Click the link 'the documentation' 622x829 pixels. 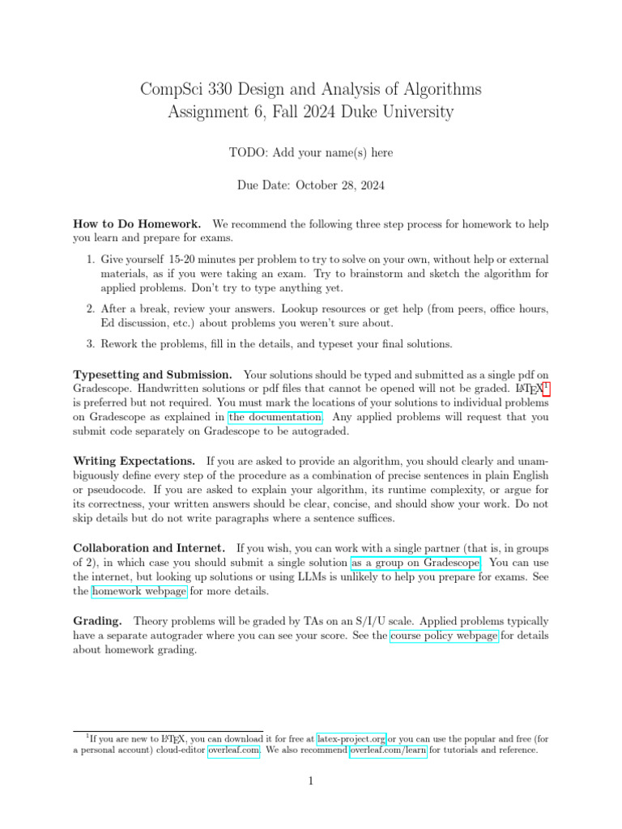[275, 417]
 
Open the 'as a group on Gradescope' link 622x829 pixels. [415, 562]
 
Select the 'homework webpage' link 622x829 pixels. [139, 591]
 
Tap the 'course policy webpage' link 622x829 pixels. [444, 636]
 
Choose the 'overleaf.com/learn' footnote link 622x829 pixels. [388, 750]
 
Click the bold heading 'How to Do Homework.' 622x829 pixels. [137, 223]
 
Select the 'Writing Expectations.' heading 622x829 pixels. [134, 460]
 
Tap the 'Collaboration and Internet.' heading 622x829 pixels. [150, 547]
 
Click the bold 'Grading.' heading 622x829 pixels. [98, 621]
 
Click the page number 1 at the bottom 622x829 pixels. [310, 781]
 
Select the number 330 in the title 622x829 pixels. [224, 88]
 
